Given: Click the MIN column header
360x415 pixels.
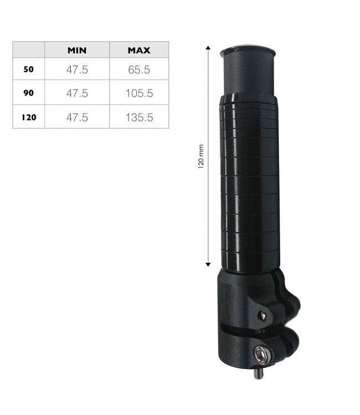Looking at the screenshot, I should coord(77,50).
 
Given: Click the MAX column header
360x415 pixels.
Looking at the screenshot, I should coord(139,50).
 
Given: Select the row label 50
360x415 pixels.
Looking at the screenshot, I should coord(29,70).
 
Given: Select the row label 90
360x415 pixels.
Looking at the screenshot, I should coord(29,94).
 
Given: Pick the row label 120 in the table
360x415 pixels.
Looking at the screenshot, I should coord(29,117).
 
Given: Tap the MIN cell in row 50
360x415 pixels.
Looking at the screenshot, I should coord(77,70).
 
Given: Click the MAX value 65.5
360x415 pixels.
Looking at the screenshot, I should coord(139,70).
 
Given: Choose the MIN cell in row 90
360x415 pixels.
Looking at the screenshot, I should coord(77,94).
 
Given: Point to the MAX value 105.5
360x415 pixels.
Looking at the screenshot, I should coord(139,94).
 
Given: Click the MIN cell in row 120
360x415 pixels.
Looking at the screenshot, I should coord(77,117).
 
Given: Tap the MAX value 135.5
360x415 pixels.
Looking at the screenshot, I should coord(139,117).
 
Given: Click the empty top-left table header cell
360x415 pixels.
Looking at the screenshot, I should coord(29,50).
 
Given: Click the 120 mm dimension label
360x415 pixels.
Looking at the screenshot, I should coord(201,157).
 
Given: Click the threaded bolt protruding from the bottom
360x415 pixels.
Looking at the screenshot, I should coord(258,373).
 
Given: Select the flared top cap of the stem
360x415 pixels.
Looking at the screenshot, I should coord(248,52).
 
